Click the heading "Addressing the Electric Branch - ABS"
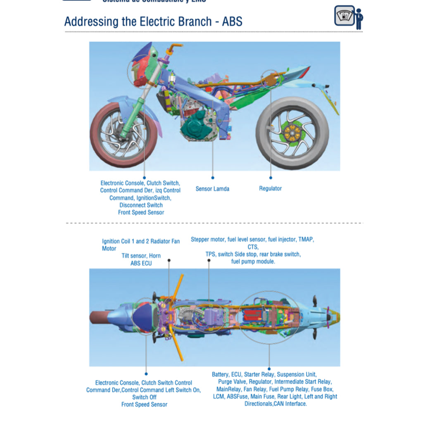tap(153, 21)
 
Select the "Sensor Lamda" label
tap(212, 189)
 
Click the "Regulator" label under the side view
tap(270, 188)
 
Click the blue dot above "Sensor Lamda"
tap(213, 178)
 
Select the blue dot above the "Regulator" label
tap(271, 178)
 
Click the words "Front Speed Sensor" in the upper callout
tap(141, 212)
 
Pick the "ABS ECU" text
tap(141, 263)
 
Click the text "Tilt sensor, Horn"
tap(141, 256)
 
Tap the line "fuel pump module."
tap(253, 262)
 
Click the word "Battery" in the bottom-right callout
tap(220, 374)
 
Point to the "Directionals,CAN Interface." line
tap(276, 404)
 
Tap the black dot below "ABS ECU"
tap(169, 261)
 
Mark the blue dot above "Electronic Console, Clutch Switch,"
tap(145, 178)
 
